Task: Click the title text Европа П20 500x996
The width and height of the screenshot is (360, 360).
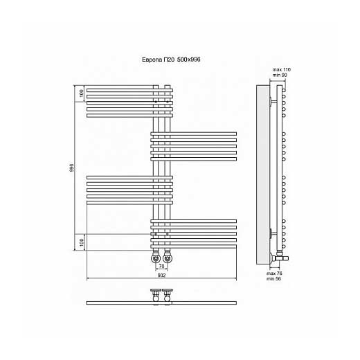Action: pyautogui.click(x=171, y=60)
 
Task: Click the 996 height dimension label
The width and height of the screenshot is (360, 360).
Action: pyautogui.click(x=72, y=168)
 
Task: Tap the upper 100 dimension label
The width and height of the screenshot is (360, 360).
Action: pyautogui.click(x=81, y=93)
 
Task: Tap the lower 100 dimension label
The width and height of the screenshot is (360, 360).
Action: pyautogui.click(x=81, y=242)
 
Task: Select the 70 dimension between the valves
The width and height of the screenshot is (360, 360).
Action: pyautogui.click(x=161, y=266)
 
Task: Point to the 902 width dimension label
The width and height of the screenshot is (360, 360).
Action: pyautogui.click(x=161, y=276)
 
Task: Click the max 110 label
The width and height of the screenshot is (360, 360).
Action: pyautogui.click(x=282, y=70)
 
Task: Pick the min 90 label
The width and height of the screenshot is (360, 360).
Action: pyautogui.click(x=280, y=75)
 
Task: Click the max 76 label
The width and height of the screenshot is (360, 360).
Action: pyautogui.click(x=274, y=273)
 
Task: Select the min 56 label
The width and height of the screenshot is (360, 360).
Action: pyautogui.click(x=274, y=279)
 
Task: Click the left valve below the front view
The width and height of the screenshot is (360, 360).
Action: pyautogui.click(x=156, y=258)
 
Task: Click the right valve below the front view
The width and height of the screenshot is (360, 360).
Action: pyautogui.click(x=168, y=258)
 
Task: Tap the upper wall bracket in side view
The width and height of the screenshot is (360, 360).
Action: pyautogui.click(x=273, y=101)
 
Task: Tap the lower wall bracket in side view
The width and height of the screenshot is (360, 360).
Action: pyautogui.click(x=273, y=234)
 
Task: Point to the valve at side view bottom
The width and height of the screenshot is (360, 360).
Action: pyautogui.click(x=279, y=257)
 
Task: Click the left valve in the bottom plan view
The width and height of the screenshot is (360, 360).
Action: pyautogui.click(x=156, y=295)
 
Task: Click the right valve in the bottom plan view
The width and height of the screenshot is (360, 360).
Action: pyautogui.click(x=168, y=295)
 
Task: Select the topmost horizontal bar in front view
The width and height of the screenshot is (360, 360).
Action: pyautogui.click(x=129, y=90)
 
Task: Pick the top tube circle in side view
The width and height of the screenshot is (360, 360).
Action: pyautogui.click(x=284, y=90)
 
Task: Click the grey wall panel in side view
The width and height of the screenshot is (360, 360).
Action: pyautogui.click(x=263, y=174)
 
